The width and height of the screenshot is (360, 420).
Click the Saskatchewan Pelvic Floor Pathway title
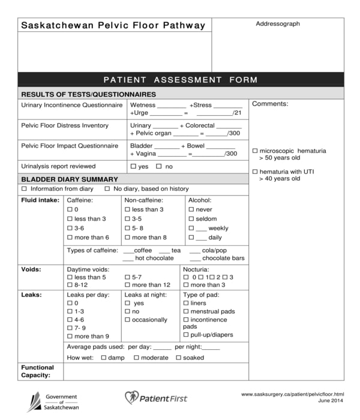pyautogui.click(x=113, y=25)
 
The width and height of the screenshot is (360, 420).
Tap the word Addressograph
pyautogui.click(x=278, y=24)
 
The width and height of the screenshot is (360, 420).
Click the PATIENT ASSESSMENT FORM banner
pyautogui.click(x=180, y=80)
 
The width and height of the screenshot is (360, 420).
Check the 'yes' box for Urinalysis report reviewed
pyautogui.click(x=133, y=166)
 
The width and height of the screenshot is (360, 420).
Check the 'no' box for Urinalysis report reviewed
pyautogui.click(x=159, y=166)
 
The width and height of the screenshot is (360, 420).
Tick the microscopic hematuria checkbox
pyautogui.click(x=255, y=151)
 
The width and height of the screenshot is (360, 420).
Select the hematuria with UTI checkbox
pyautogui.click(x=255, y=172)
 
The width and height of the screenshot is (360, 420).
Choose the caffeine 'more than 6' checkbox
pyautogui.click(x=70, y=238)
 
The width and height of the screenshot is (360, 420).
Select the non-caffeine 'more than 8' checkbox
pyautogui.click(x=127, y=238)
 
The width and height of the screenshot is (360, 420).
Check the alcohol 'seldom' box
pyautogui.click(x=191, y=219)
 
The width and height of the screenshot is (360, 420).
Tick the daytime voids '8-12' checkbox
pyautogui.click(x=70, y=285)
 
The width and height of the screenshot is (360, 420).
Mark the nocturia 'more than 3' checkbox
pyautogui.click(x=186, y=285)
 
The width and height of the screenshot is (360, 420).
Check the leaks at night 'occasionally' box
pyautogui.click(x=127, y=320)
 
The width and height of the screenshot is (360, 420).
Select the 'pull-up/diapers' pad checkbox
pyautogui.click(x=186, y=335)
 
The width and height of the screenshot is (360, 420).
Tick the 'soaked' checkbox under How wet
pyautogui.click(x=178, y=358)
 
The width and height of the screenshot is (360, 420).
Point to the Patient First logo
pyautogui.click(x=156, y=398)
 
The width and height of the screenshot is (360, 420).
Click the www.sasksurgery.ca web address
pyautogui.click(x=292, y=394)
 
